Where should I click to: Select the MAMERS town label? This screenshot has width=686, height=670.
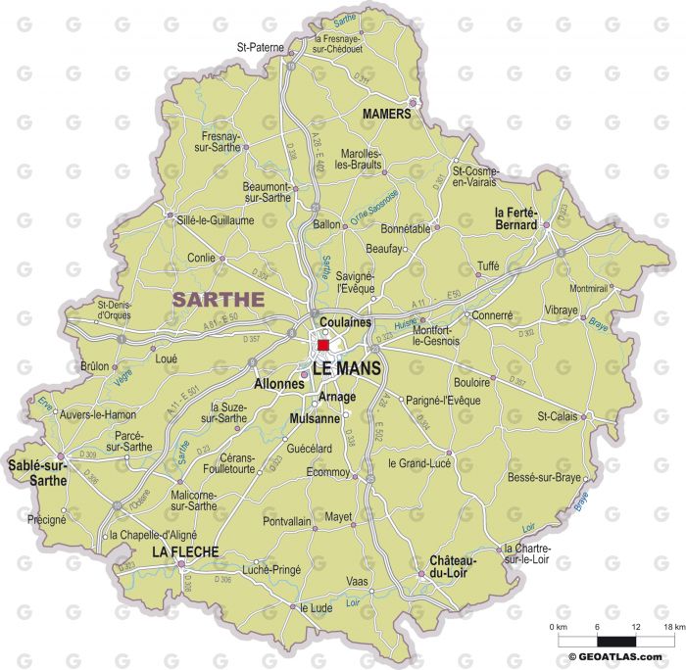[x=386, y=115]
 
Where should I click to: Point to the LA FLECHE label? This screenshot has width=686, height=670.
[x=184, y=553]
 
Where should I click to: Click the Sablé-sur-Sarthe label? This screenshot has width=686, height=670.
[x=37, y=473]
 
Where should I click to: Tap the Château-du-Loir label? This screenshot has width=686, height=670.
[x=453, y=567]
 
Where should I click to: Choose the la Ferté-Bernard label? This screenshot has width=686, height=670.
[x=515, y=218]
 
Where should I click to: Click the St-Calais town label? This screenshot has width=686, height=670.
[x=556, y=416]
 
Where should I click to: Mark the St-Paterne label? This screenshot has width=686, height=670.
[x=260, y=46]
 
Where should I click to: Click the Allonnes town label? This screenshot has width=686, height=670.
[x=279, y=384]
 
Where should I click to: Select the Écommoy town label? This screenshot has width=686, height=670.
[x=328, y=471]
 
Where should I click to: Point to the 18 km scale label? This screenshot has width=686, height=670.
[x=672, y=627]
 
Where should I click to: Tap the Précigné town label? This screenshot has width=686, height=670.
[x=46, y=519]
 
